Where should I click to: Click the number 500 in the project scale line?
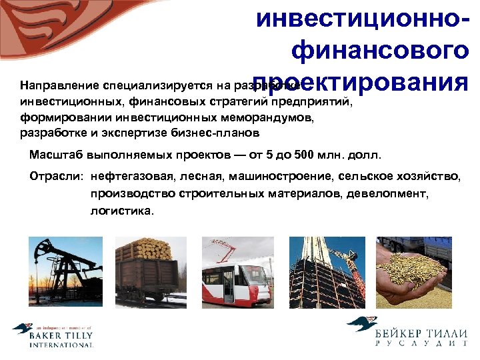click(304, 155)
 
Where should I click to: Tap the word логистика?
click(121, 210)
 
